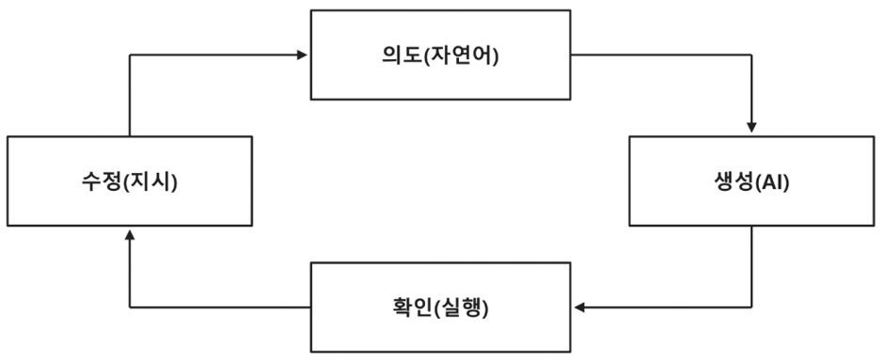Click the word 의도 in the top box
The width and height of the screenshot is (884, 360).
click(402, 55)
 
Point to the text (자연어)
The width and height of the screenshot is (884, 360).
click(461, 56)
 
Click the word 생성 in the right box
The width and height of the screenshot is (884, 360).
click(733, 182)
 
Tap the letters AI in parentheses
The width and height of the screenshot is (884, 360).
click(772, 182)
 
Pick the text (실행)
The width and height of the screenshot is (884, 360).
click(461, 308)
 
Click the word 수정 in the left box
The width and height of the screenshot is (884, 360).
click(102, 182)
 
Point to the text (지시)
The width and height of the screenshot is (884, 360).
click(150, 182)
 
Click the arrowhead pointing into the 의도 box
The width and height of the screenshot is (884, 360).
click(302, 55)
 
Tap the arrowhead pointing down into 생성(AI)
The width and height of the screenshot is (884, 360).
click(751, 127)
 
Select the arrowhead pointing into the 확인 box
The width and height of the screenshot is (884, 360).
click(579, 307)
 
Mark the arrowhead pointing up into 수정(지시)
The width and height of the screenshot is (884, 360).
click(130, 234)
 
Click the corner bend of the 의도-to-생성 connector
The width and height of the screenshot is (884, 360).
click(751, 55)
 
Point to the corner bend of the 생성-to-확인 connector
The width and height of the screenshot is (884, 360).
click(751, 307)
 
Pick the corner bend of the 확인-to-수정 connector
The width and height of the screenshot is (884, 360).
click(130, 307)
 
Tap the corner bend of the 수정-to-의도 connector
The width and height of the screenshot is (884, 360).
click(130, 55)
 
